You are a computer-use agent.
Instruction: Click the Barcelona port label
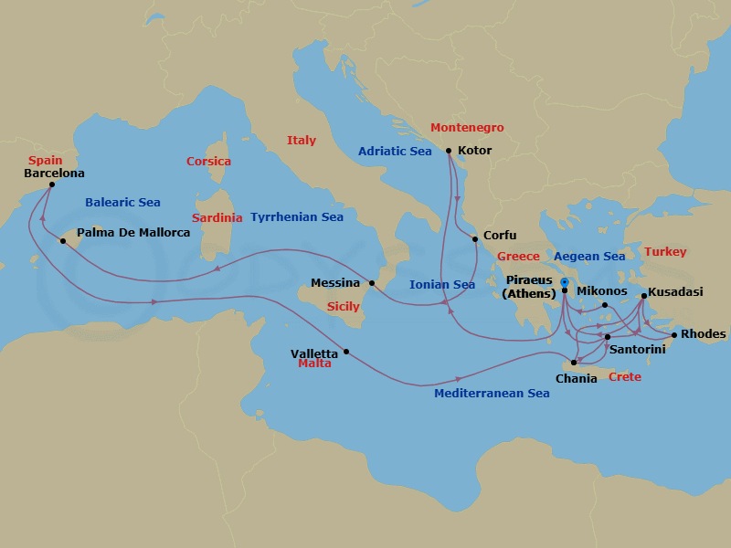tap(54, 173)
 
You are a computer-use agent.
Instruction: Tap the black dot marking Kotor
tap(449, 151)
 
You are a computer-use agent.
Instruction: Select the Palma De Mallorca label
tap(133, 233)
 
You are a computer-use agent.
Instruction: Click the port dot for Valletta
tap(346, 353)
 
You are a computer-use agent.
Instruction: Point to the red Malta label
tap(315, 364)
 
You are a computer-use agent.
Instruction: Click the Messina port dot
tap(372, 283)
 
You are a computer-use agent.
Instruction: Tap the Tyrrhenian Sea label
tap(297, 217)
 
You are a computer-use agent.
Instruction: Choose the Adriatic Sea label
tap(395, 152)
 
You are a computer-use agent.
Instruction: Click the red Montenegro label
tap(467, 128)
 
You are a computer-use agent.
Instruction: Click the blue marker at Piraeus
tap(565, 281)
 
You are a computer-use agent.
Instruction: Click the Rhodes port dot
tap(674, 335)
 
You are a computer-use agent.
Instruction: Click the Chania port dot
tap(574, 363)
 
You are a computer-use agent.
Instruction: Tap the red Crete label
tap(625, 377)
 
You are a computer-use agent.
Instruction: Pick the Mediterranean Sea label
tap(492, 394)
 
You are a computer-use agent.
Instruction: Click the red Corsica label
tap(208, 162)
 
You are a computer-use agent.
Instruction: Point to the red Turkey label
tap(665, 252)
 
